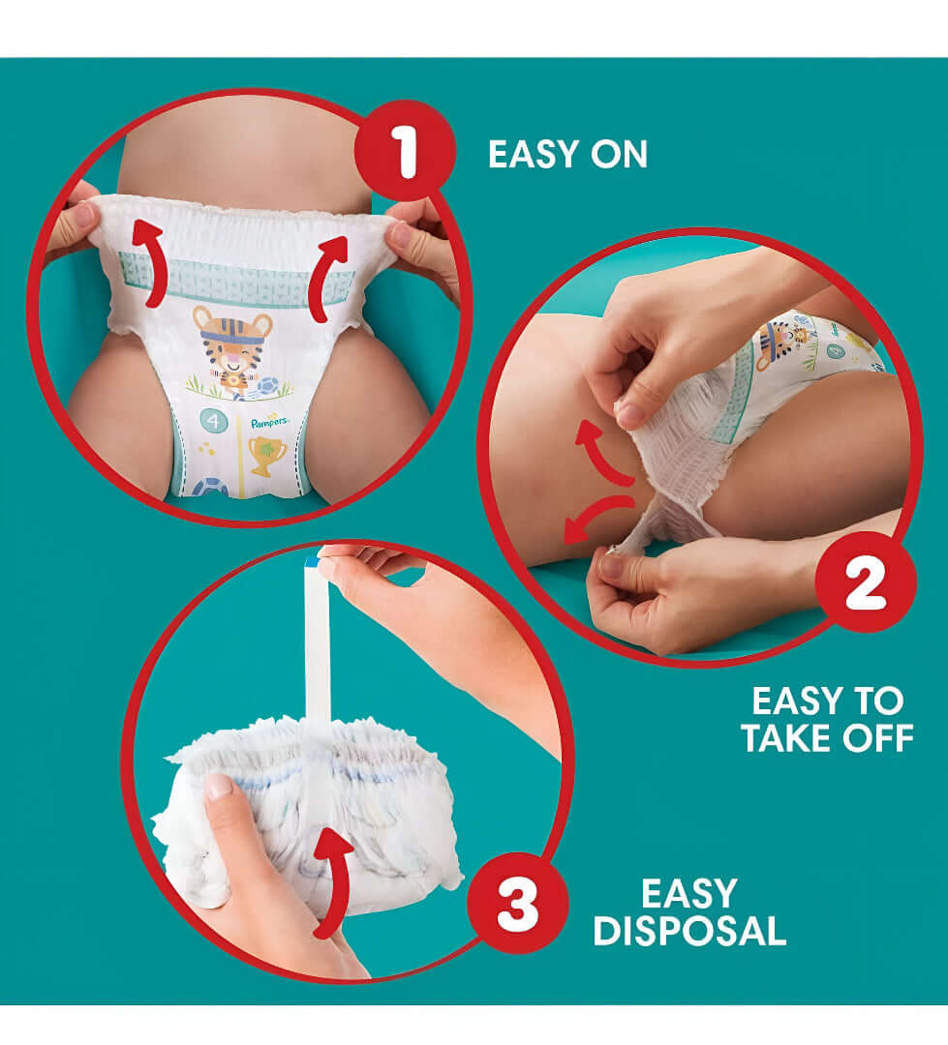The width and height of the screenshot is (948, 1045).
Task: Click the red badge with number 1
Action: point(405,151)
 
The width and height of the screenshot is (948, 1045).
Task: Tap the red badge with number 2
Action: point(865,582)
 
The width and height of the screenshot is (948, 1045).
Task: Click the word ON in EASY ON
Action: point(617,155)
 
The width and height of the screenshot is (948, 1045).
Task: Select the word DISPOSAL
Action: point(688,931)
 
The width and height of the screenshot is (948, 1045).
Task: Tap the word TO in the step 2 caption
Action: point(879,700)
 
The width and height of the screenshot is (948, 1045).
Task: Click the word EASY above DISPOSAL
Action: point(688,892)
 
